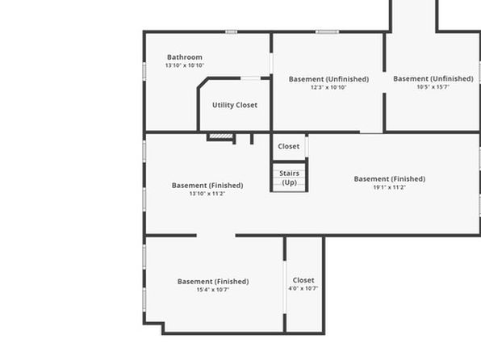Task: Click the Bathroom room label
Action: coord(185,57)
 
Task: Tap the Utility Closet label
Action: coord(235,105)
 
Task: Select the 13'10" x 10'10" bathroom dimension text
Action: coord(185,65)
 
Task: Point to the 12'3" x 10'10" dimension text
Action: coord(328,87)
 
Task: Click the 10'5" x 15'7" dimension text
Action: coord(433,87)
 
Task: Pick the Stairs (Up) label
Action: coord(289,178)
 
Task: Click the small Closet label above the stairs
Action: coord(289,146)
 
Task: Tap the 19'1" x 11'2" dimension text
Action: coord(390,187)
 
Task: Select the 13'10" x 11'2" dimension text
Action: coord(207,194)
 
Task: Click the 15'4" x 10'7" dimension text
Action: coord(213,290)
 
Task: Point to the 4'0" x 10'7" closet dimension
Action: coord(303,288)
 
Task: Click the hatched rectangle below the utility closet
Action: coord(221,136)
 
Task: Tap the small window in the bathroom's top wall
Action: coord(232,32)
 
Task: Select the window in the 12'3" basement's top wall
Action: coord(328,32)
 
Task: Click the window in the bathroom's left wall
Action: coord(144,72)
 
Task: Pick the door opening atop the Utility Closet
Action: coord(251,78)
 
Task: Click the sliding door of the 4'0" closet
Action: coord(285,287)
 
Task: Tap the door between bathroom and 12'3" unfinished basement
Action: coord(271,63)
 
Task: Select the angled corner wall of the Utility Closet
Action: coord(203,83)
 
